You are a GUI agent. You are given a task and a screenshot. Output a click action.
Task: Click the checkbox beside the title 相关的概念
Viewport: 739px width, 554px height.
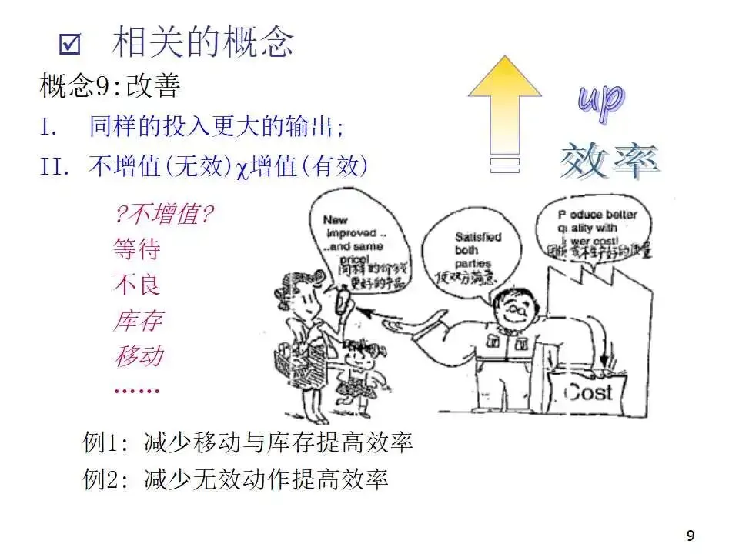point(70,45)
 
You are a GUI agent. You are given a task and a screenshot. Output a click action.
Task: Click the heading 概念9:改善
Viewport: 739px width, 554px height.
point(110,87)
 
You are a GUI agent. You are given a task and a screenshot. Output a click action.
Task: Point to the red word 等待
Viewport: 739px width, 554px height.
point(137,249)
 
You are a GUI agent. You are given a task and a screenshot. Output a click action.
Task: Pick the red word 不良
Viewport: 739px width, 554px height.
point(137,285)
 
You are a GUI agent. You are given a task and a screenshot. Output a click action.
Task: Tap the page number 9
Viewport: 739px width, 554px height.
point(690,536)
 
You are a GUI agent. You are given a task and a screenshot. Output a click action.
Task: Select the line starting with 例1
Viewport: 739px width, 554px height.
point(248,442)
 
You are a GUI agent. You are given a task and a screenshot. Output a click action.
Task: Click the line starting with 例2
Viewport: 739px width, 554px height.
point(236,480)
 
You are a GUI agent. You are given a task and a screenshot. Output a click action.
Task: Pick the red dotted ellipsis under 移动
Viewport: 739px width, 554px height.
point(136,390)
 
